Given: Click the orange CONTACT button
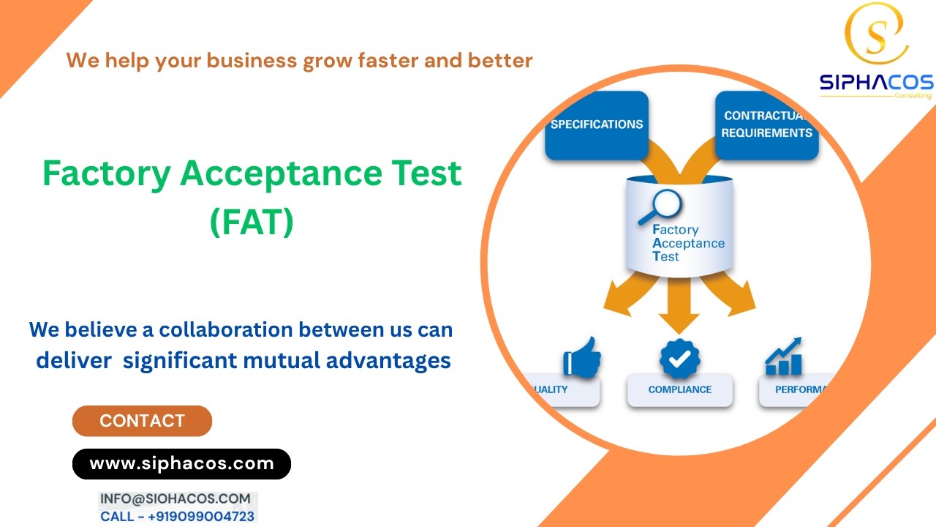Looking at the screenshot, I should (x=142, y=421).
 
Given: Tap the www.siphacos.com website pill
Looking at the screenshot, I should (x=181, y=463).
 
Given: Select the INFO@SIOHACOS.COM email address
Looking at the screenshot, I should (x=175, y=498).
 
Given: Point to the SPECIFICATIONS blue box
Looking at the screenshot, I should (x=597, y=124).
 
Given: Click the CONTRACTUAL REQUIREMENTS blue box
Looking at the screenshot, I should (x=766, y=124).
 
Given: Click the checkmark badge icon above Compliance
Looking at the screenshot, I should (x=679, y=358).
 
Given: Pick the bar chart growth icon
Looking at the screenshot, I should (x=783, y=357).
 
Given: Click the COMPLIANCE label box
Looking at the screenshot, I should (x=679, y=390).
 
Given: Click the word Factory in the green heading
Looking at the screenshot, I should (x=107, y=174).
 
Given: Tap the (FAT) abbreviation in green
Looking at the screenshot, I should (x=252, y=221).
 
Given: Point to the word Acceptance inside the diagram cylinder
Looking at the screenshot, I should (x=688, y=243).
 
